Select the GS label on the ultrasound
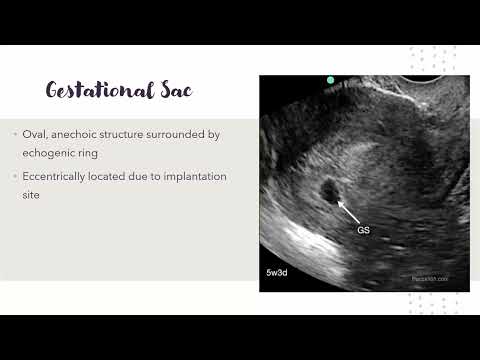[364, 230]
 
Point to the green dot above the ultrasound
[331, 79]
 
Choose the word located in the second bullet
[142, 176]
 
